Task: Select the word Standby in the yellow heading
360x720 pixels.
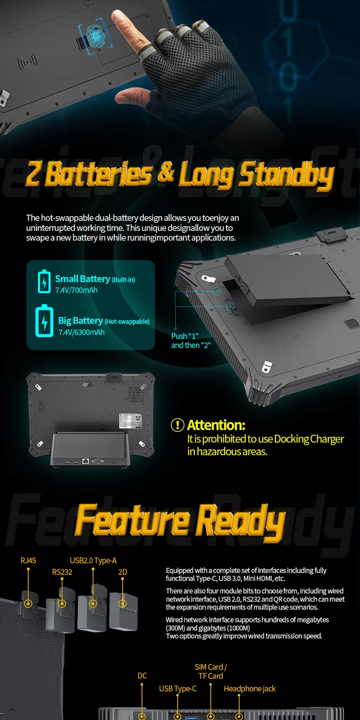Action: tap(287, 176)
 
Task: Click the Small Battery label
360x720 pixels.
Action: tap(83, 279)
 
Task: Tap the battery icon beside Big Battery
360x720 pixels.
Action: tap(44, 321)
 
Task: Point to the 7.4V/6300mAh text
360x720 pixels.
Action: tap(81, 332)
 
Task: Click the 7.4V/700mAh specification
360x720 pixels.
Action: tap(76, 290)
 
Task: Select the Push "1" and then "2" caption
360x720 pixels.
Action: tap(191, 341)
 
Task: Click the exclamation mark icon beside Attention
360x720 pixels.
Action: tap(178, 425)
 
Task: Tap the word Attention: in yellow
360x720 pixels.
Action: tap(216, 425)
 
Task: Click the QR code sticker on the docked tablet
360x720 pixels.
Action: tap(138, 418)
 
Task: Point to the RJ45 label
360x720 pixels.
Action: tap(28, 561)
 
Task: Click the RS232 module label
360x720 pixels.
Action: tap(62, 572)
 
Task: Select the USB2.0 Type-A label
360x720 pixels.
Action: tap(93, 561)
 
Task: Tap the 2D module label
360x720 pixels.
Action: tap(122, 572)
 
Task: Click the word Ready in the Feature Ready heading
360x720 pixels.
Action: tap(240, 521)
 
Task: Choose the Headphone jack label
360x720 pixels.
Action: tap(250, 688)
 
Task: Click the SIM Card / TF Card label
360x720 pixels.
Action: tap(211, 671)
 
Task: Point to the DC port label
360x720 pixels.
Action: tap(142, 676)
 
